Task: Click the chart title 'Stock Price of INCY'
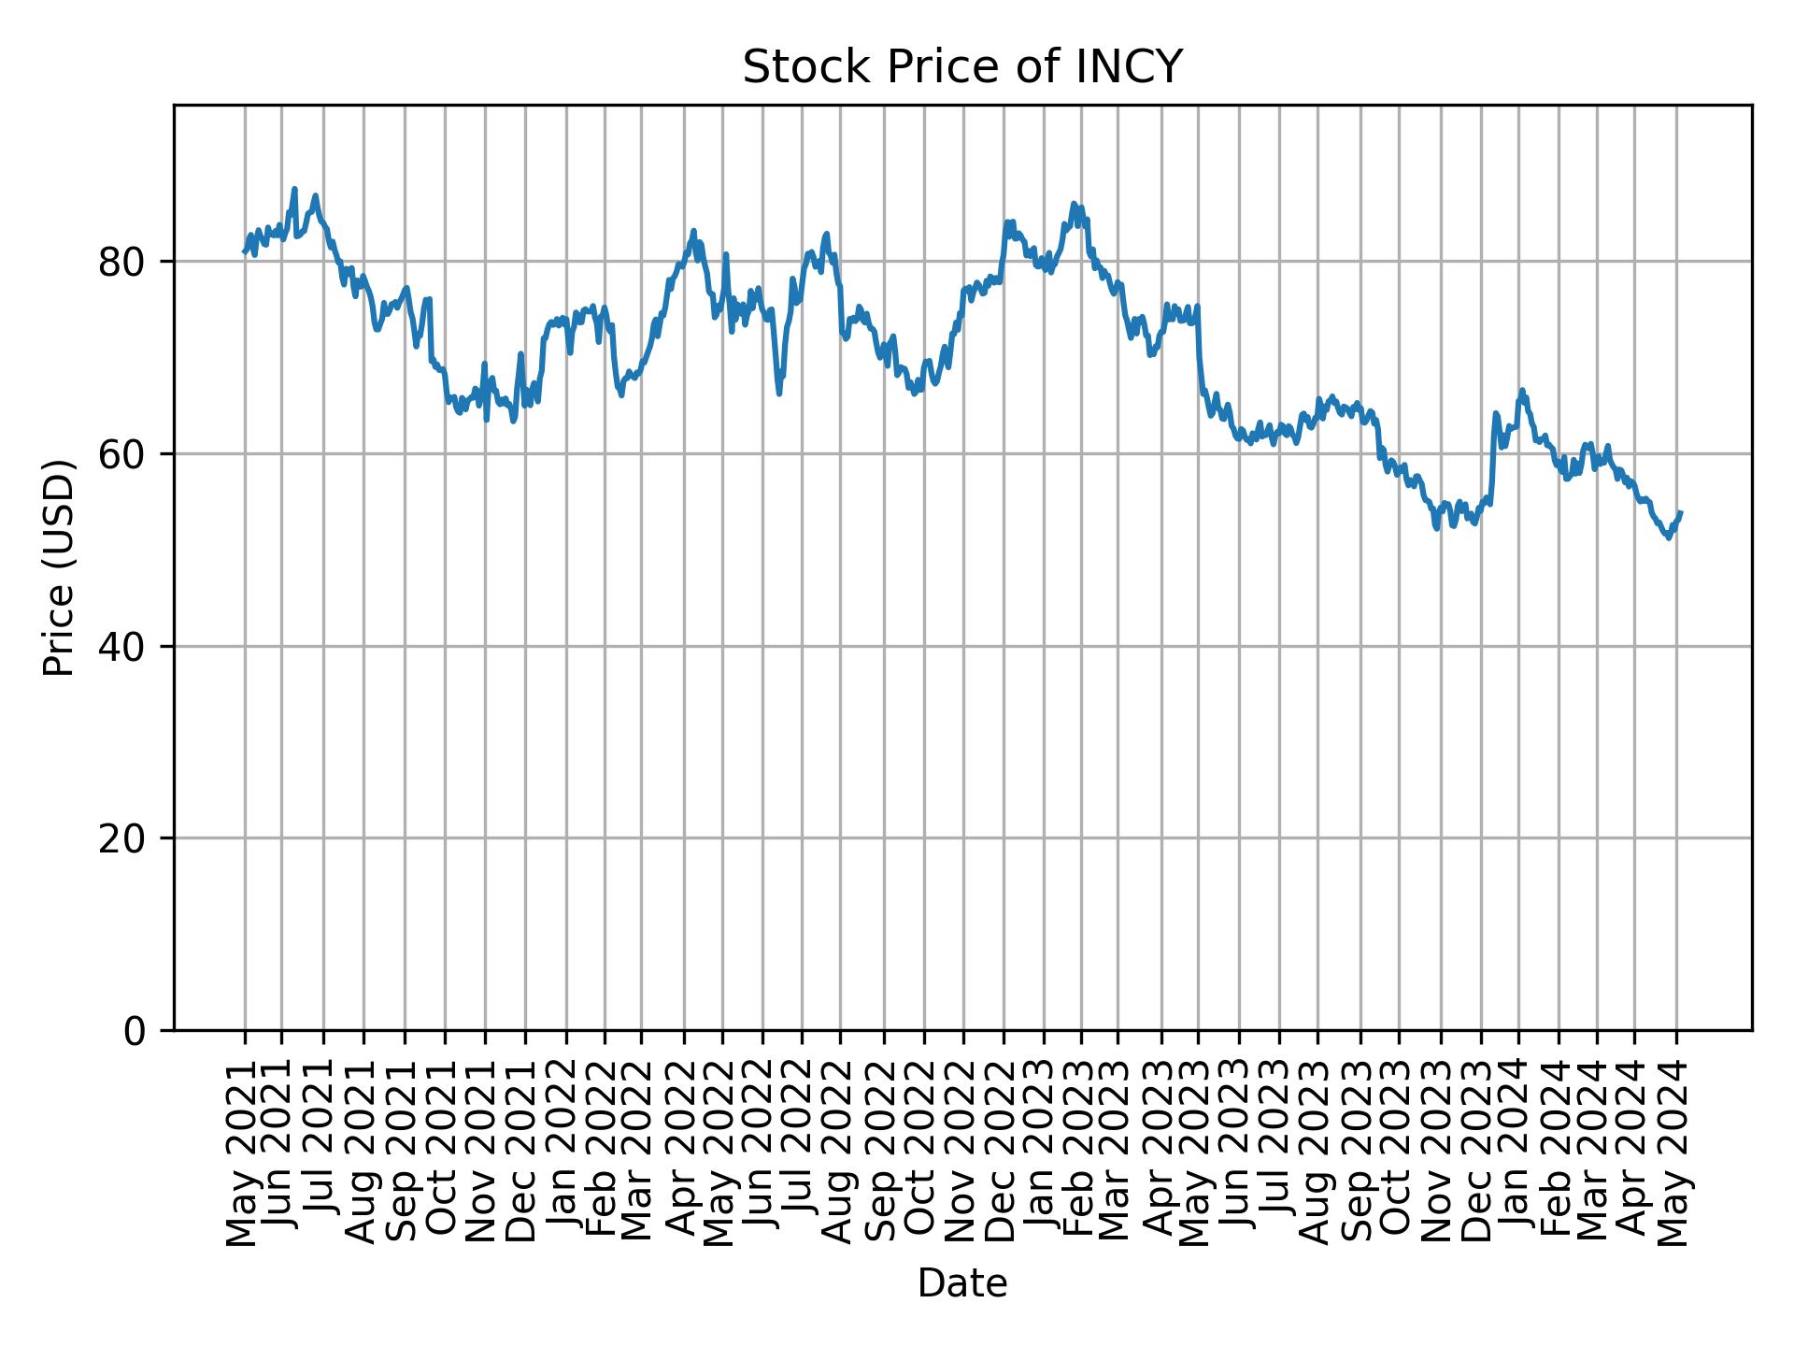pyautogui.click(x=962, y=68)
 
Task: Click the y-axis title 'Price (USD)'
pyautogui.click(x=59, y=567)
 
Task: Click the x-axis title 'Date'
pyautogui.click(x=962, y=1283)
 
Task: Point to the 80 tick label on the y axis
pyautogui.click(x=121, y=262)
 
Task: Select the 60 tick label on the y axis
pyautogui.click(x=121, y=454)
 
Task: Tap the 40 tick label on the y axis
pyautogui.click(x=121, y=646)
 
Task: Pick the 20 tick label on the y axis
pyautogui.click(x=121, y=838)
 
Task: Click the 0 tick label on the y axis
pyautogui.click(x=135, y=1030)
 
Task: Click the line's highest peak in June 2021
pyautogui.click(x=294, y=189)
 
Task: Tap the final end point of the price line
pyautogui.click(x=1681, y=512)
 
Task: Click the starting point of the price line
pyautogui.click(x=244, y=251)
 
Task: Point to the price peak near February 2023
pyautogui.click(x=1074, y=204)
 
